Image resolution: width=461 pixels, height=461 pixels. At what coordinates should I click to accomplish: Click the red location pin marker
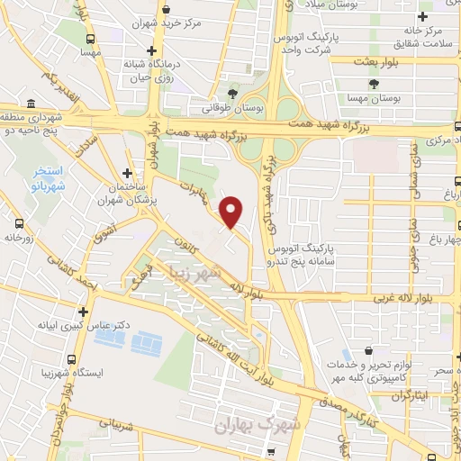(x=232, y=211)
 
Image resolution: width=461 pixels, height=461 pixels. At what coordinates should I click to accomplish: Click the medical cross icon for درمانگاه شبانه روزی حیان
(x=152, y=50)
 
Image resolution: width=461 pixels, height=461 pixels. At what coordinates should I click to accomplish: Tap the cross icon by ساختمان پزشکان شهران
(x=128, y=173)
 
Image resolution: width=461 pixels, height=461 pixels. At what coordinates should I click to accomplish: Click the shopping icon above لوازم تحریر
(x=366, y=353)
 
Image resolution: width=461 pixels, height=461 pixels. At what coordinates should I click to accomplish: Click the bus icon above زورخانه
(x=20, y=222)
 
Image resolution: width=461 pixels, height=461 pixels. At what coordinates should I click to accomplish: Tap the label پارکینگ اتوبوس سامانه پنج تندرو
(x=306, y=252)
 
